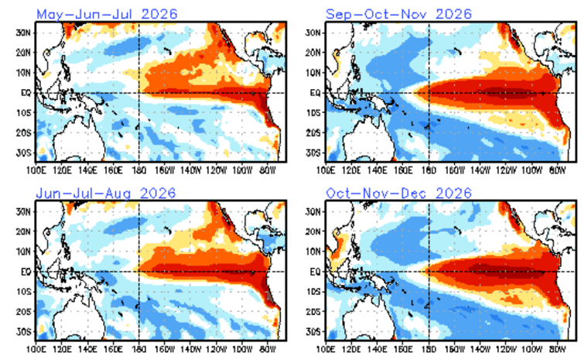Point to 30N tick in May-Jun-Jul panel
coord(24,33)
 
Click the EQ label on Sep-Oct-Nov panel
coord(316,93)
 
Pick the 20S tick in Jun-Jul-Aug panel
coord(24,312)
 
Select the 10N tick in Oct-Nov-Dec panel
coord(315,252)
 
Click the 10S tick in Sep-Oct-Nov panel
coord(315,113)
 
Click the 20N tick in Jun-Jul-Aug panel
coord(24,231)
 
